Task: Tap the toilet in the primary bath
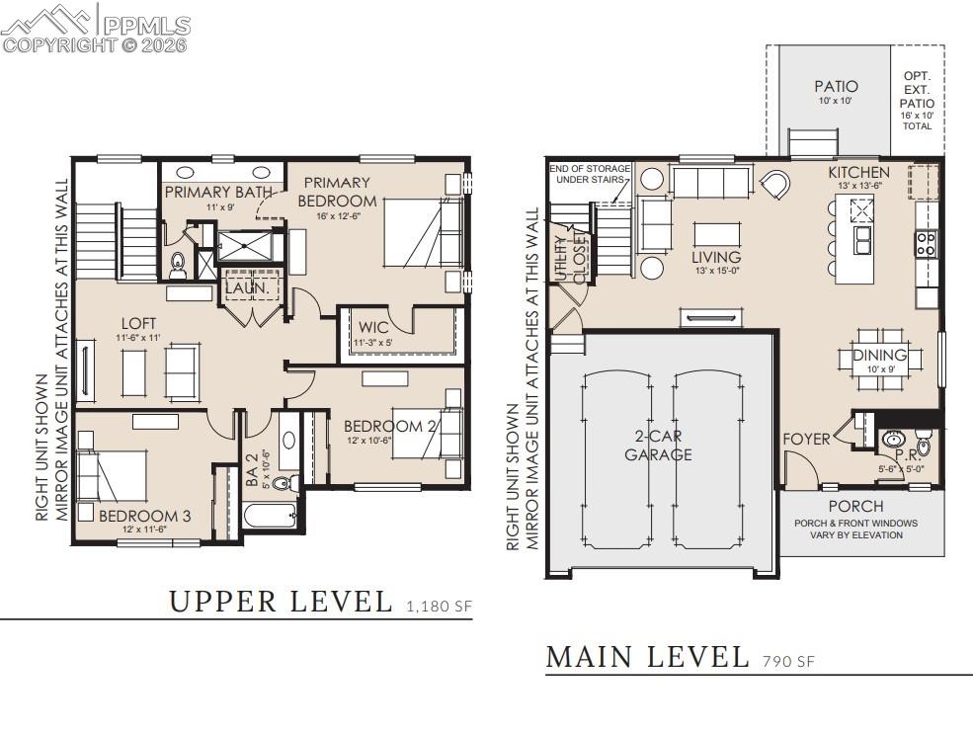[x=179, y=263]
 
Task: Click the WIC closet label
[x=373, y=327]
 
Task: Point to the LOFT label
[x=138, y=323]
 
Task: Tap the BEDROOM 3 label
[x=144, y=515]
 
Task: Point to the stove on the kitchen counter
[x=927, y=244]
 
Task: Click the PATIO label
[x=835, y=87]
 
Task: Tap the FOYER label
[x=806, y=439]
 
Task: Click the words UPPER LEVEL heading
[x=281, y=601]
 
